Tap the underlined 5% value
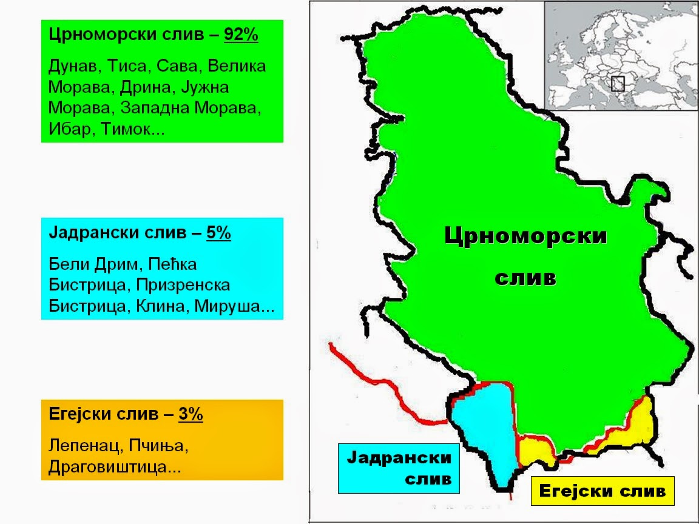(218, 233)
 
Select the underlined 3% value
(191, 415)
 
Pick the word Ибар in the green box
(69, 130)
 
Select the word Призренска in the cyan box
(183, 285)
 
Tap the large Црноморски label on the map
(525, 236)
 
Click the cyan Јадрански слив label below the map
(399, 468)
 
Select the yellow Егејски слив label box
(602, 491)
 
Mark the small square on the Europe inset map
(618, 84)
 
